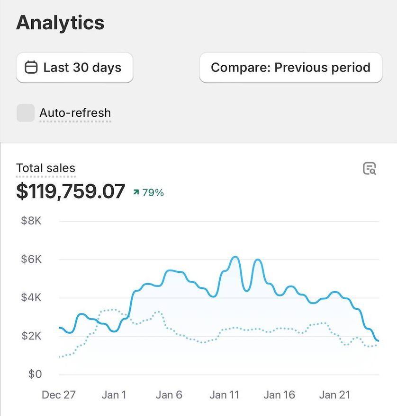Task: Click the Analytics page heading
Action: [60, 23]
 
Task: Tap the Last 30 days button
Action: [74, 68]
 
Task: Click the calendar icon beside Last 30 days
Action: [31, 67]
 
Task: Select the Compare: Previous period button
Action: [290, 68]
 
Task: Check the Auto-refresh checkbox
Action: [26, 113]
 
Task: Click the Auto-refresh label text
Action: [75, 113]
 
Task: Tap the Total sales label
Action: [46, 168]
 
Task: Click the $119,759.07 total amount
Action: [71, 191]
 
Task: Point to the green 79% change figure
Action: [153, 192]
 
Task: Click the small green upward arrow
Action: [136, 192]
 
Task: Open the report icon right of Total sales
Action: [370, 168]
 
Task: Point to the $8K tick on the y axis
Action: [31, 221]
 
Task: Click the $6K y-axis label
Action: [31, 259]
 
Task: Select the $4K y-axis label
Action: [31, 297]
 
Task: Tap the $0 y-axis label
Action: [35, 374]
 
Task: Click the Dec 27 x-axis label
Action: [58, 395]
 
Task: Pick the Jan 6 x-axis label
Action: [169, 395]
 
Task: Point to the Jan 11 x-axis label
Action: [224, 395]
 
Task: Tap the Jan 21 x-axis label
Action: [334, 395]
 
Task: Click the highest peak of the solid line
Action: [235, 257]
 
